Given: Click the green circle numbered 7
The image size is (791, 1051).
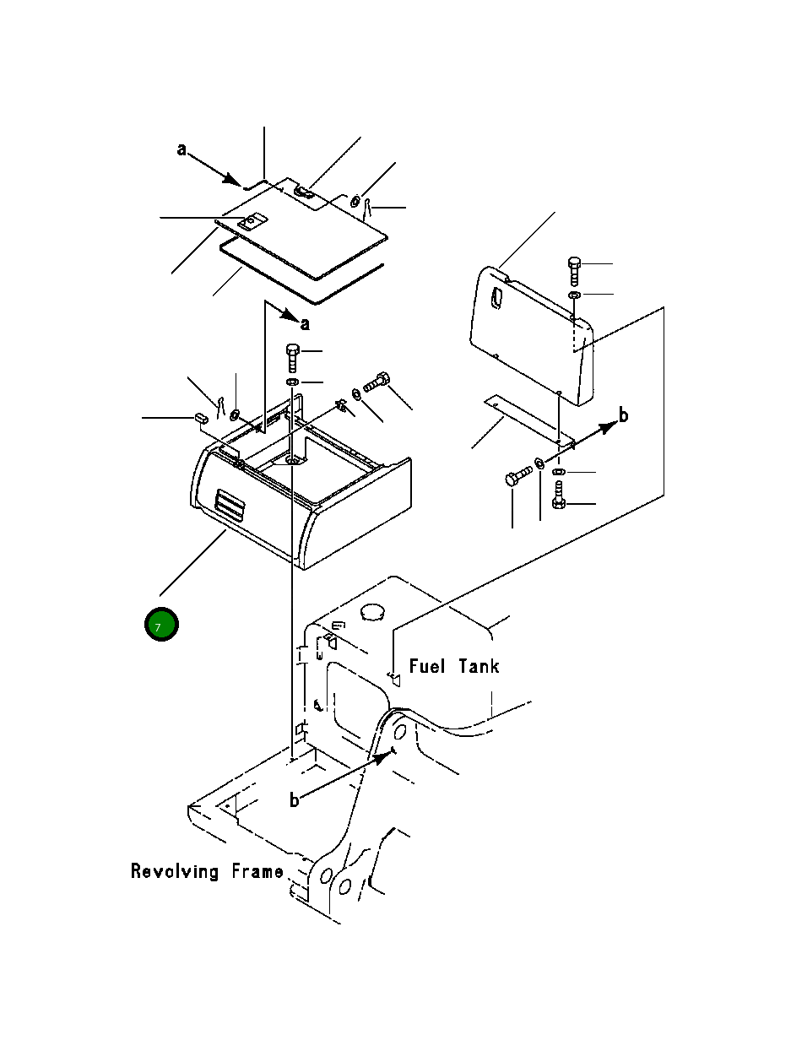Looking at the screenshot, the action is (161, 625).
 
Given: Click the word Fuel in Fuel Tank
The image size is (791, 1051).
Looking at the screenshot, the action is (427, 666).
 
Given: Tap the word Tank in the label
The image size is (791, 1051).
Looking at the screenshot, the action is (479, 666).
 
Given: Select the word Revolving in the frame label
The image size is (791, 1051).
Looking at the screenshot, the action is (175, 871).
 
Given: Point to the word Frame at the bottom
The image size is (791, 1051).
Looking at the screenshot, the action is (257, 871).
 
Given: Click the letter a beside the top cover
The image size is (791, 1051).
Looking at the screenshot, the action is (181, 149).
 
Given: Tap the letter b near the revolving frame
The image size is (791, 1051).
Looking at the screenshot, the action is (295, 799).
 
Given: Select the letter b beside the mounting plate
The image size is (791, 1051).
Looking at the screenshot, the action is (623, 414).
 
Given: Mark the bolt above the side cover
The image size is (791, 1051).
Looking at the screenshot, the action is (574, 271).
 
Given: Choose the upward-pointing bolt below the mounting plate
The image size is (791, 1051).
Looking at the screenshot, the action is (558, 495).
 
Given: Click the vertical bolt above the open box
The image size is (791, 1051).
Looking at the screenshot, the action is (292, 358).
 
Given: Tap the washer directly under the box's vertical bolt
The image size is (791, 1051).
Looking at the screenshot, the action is (292, 382).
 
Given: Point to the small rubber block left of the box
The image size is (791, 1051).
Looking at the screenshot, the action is (201, 418).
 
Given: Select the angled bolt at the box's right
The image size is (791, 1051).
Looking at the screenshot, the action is (377, 382).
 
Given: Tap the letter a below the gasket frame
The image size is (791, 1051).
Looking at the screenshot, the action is (305, 324).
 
